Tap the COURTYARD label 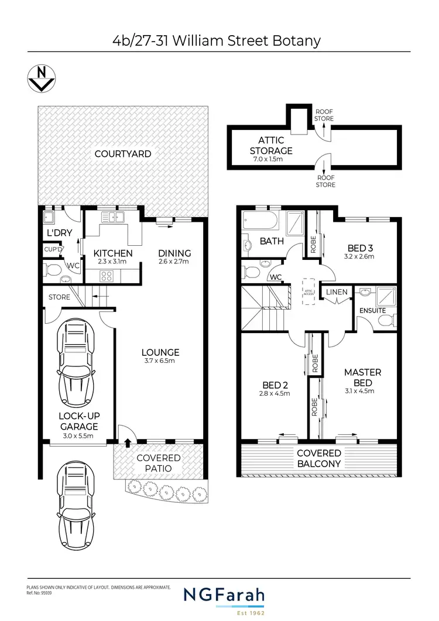pyautogui.click(x=123, y=154)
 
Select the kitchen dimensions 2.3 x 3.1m pyautogui.click(x=114, y=262)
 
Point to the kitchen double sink pyautogui.click(x=114, y=218)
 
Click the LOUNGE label pyautogui.click(x=160, y=352)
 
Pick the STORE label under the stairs pyautogui.click(x=59, y=297)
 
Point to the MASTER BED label pyautogui.click(x=362, y=378)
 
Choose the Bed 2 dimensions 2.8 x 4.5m pyautogui.click(x=275, y=393)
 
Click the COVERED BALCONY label pyautogui.click(x=319, y=458)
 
